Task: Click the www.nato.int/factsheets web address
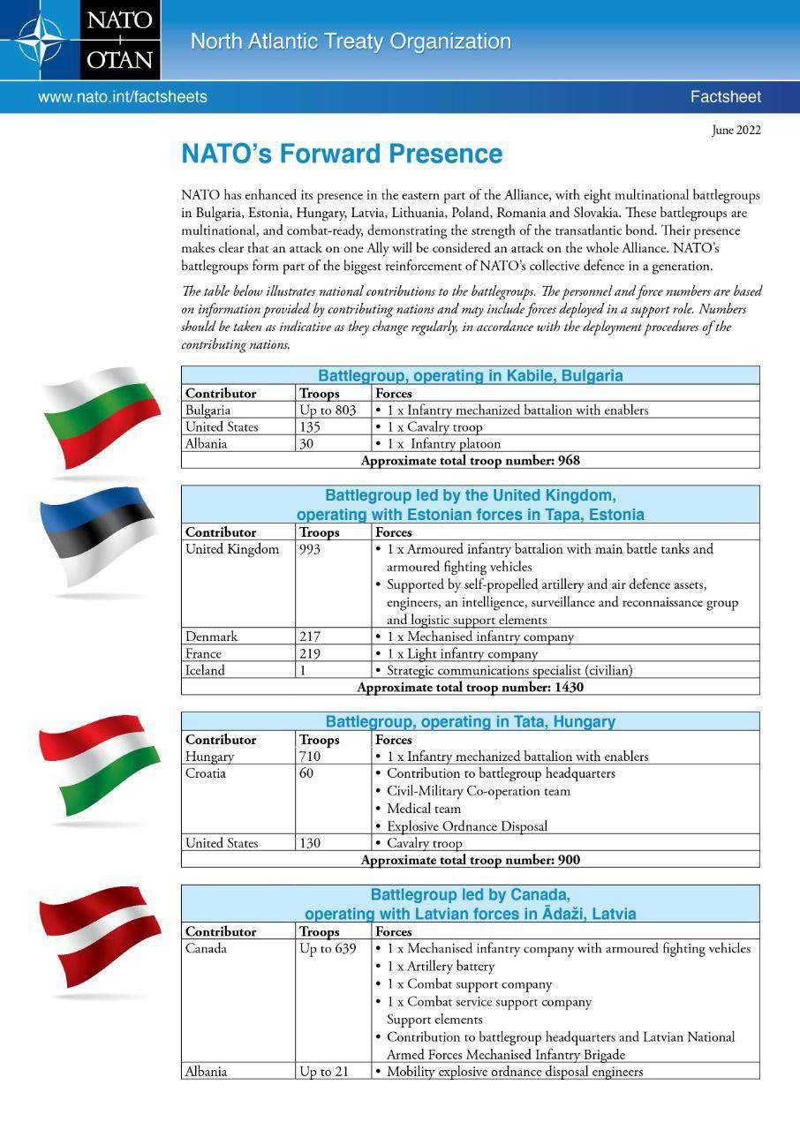122,97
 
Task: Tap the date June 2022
736,131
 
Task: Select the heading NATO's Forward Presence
342,154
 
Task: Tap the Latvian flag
100,938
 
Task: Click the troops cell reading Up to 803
328,411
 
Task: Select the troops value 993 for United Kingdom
310,549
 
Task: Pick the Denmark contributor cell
211,637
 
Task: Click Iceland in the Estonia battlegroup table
205,670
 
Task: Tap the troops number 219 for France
310,654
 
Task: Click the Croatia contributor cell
206,773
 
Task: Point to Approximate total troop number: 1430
470,687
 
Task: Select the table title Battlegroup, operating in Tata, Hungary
470,721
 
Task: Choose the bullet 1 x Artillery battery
441,967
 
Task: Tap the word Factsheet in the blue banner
725,97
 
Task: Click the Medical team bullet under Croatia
424,809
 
